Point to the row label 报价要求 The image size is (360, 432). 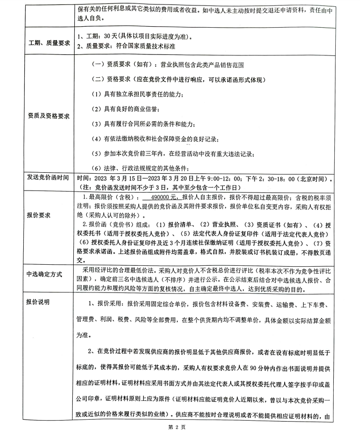click(42, 215)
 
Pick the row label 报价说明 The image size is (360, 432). click(42, 301)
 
